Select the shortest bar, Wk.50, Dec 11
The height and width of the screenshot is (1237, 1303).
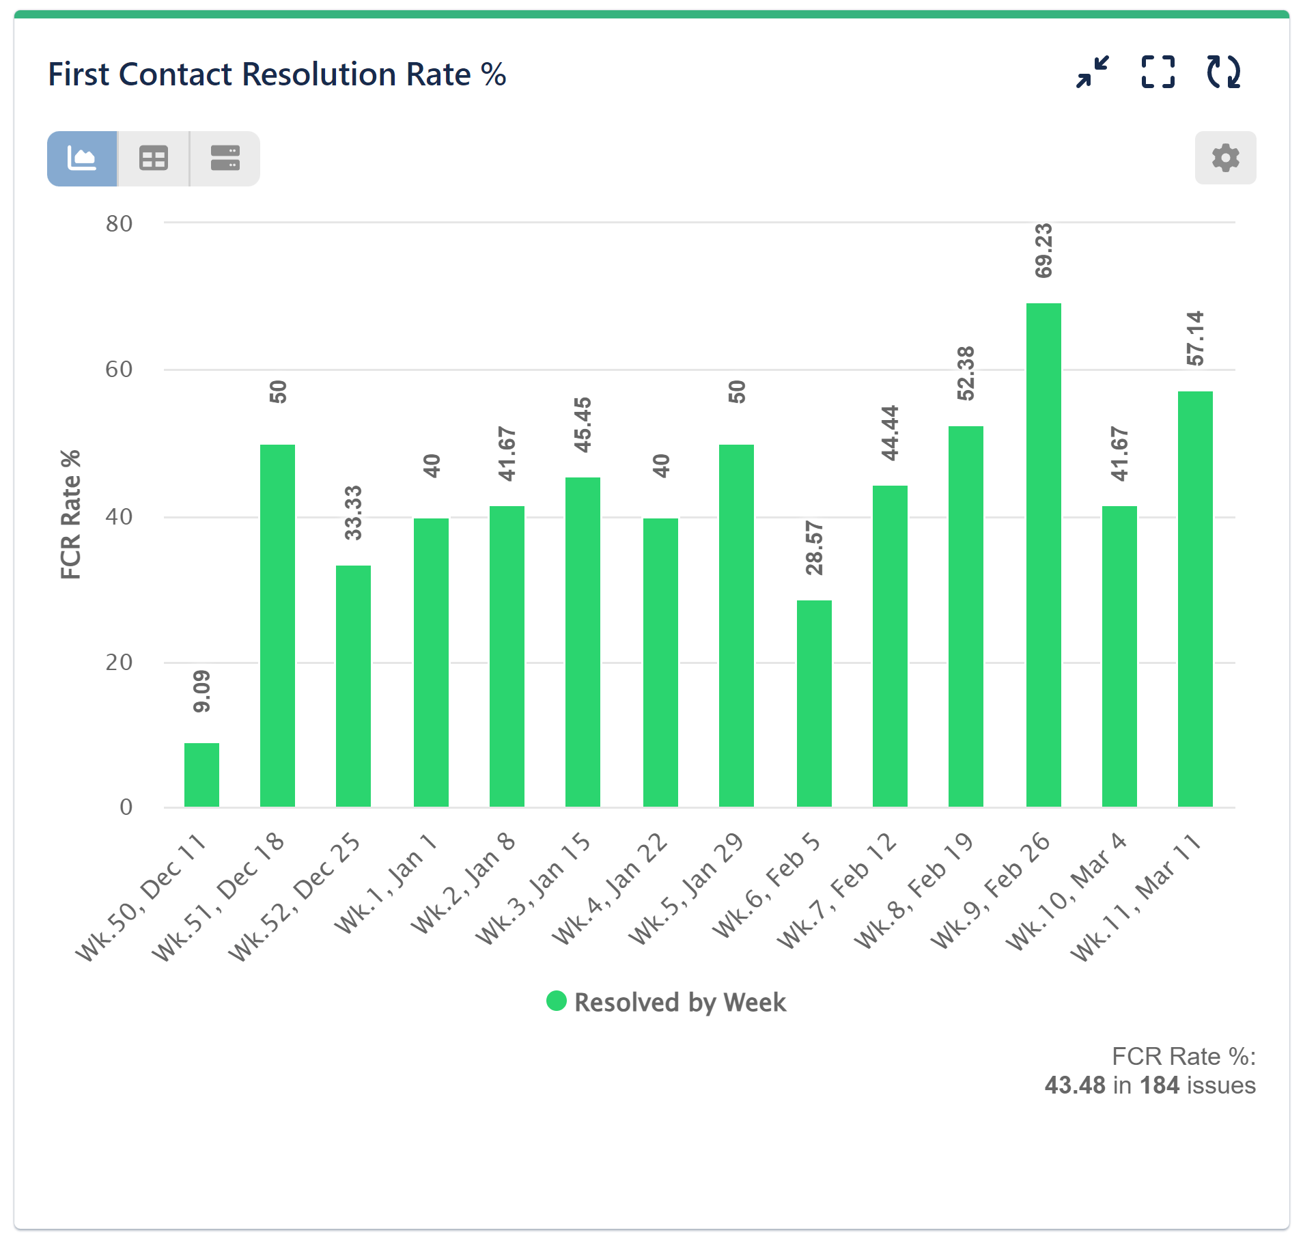click(x=201, y=775)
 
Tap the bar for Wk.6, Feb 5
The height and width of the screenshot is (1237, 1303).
click(x=813, y=704)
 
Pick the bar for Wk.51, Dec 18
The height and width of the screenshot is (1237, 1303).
click(x=277, y=625)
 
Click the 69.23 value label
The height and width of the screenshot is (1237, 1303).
click(x=1043, y=251)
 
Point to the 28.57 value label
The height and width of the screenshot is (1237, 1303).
click(x=814, y=548)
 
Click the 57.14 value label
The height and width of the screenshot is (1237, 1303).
click(x=1195, y=338)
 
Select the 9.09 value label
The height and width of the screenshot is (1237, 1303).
click(x=202, y=691)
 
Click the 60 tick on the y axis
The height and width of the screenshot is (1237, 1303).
click(x=119, y=370)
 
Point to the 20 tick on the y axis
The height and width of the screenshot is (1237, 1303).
click(x=119, y=662)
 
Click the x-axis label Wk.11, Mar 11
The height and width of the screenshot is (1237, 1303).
click(x=1136, y=898)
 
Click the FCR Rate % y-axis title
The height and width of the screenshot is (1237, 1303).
click(x=70, y=514)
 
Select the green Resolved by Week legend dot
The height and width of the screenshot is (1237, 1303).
click(x=557, y=1001)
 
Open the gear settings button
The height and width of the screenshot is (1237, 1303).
click(x=1224, y=158)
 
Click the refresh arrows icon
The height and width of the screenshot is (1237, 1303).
click(x=1222, y=72)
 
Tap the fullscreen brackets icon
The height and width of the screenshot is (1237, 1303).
click(x=1158, y=72)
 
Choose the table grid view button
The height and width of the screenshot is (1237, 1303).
click(x=154, y=158)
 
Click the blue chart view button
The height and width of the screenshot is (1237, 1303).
click(x=82, y=158)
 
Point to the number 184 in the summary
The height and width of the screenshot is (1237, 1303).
click(x=1159, y=1085)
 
